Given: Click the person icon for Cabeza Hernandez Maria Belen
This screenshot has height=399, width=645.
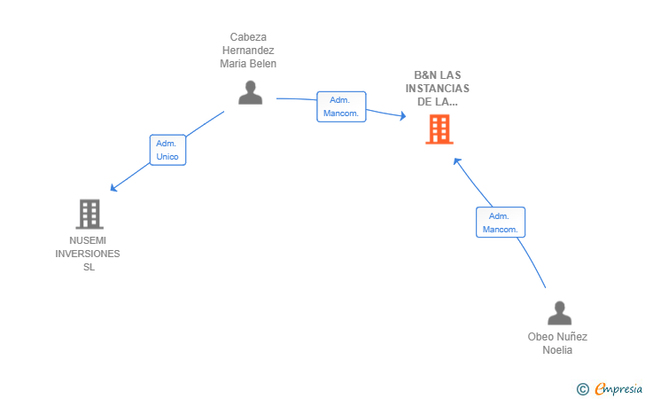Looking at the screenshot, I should [x=251, y=92].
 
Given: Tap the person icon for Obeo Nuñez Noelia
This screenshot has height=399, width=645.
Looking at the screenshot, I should [x=559, y=313].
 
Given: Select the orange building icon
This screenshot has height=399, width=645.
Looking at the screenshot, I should [x=439, y=129].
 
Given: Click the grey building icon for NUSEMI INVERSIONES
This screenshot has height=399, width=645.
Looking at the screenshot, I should [x=89, y=214].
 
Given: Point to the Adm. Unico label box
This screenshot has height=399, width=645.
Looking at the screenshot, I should [x=167, y=150].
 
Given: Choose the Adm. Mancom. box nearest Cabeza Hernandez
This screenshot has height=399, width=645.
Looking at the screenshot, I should [x=341, y=106].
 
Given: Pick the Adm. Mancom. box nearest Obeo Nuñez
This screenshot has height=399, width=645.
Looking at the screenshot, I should [x=500, y=223].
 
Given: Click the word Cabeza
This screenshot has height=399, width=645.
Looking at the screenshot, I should [x=248, y=37].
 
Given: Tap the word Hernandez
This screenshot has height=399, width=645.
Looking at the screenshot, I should [x=248, y=51].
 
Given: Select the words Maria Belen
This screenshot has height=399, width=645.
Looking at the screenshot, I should [x=248, y=64].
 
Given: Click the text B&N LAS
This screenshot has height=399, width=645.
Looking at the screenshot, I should [x=438, y=75].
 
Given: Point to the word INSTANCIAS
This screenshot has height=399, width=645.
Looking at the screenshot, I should [x=438, y=89].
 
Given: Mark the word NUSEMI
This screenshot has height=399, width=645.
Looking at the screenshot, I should [x=88, y=240].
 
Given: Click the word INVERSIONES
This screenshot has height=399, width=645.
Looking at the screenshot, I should [x=88, y=254].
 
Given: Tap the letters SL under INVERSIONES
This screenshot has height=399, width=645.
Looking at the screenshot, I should [x=88, y=267].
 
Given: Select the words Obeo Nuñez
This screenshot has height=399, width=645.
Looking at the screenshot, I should [x=557, y=337].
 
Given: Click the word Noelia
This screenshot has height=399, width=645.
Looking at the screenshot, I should [x=557, y=350].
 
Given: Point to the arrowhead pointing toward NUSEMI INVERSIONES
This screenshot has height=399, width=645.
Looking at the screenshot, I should [x=113, y=188].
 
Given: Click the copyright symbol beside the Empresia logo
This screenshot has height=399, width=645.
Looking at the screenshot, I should [x=582, y=388].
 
